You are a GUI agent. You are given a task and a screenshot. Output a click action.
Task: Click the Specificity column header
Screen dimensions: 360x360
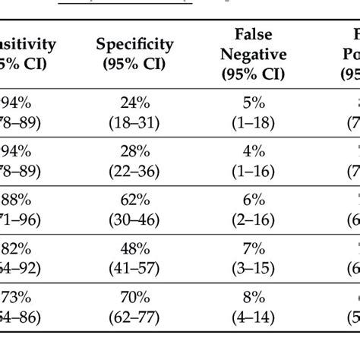click(134, 46)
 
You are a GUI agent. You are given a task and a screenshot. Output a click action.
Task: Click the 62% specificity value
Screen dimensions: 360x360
click(134, 200)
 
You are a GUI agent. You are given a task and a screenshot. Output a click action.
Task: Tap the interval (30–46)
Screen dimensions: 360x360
click(134, 216)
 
